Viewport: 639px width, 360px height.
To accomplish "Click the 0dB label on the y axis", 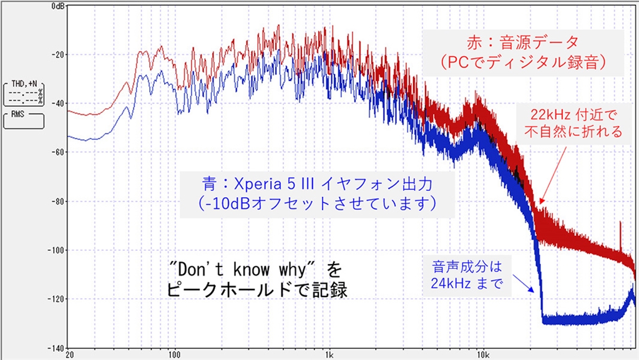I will coord(56,6).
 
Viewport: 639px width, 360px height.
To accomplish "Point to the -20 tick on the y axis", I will coord(57,54).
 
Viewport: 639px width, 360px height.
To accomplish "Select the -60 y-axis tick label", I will coord(57,152).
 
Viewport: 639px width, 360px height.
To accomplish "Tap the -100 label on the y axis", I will coord(56,250).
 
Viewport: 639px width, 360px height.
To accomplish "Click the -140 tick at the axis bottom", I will coord(56,348).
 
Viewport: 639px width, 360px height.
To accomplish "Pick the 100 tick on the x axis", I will coord(175,354).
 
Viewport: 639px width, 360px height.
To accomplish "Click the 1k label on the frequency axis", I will coord(329,354).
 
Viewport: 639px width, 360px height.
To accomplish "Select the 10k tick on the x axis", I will coord(482,354).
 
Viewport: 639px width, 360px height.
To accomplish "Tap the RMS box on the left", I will coord(24,120).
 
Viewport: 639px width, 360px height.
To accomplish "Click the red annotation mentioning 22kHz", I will coord(573,124).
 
